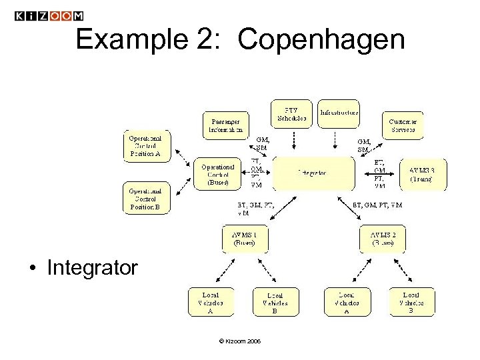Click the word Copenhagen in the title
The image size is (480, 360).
click(321, 41)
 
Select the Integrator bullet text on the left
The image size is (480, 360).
click(92, 268)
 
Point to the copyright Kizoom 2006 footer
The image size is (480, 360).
click(239, 341)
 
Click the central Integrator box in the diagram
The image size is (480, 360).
click(313, 173)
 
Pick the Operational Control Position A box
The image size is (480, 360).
click(147, 146)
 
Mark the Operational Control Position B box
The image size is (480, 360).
click(147, 199)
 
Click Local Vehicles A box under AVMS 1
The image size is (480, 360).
click(210, 301)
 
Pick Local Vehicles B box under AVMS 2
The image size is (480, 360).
click(411, 301)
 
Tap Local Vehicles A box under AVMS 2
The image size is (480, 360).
click(347, 301)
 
